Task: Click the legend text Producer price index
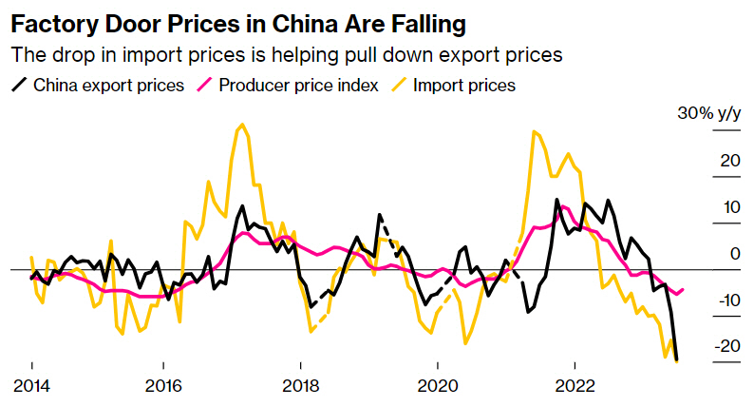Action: click(298, 86)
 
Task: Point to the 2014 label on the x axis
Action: click(31, 387)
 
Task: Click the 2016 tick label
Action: click(164, 387)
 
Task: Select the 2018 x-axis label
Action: click(301, 387)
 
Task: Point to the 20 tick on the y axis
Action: click(730, 160)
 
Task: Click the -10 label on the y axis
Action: click(727, 300)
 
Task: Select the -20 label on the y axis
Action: click(727, 345)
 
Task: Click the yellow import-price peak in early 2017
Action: click(242, 125)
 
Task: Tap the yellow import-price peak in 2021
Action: click(536, 132)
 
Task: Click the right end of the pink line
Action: click(684, 289)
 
